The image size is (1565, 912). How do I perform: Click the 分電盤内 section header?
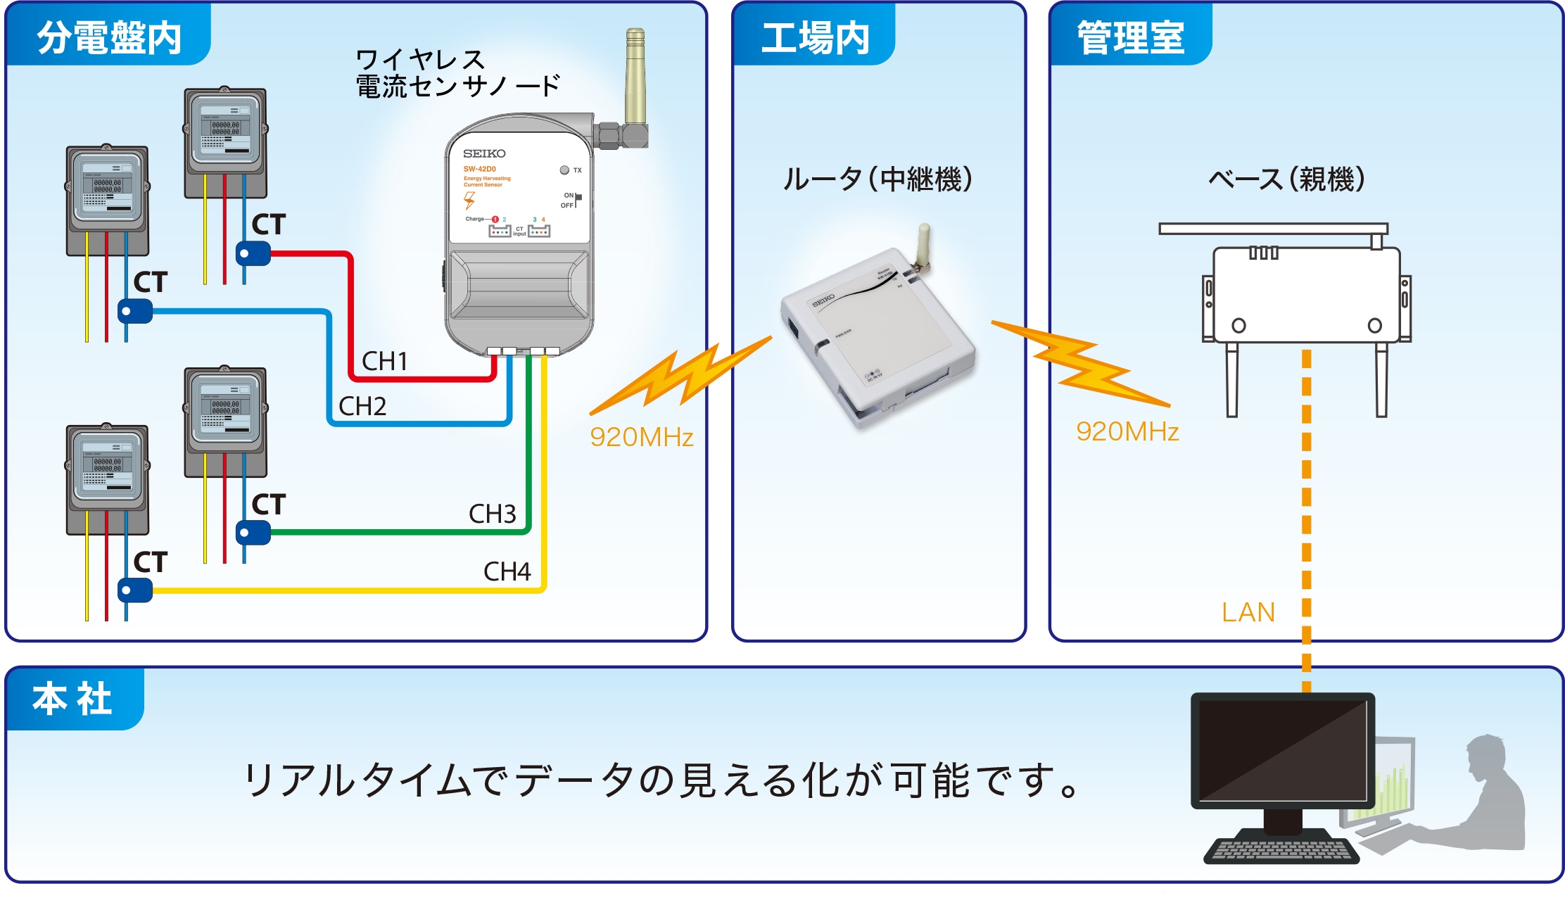109,37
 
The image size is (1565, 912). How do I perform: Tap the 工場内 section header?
815,37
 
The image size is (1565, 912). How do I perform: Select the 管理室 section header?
1130,37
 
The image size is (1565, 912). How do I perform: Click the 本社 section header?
72,699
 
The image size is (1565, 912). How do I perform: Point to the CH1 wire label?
384,361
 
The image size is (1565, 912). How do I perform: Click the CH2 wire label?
362,406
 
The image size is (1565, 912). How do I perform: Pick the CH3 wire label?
492,514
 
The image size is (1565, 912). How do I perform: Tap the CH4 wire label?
507,571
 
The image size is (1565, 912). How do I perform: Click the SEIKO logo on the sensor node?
484,153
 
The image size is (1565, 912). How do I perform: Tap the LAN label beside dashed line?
1248,612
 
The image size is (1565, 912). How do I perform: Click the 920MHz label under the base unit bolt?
1127,431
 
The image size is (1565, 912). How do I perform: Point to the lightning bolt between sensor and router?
679,376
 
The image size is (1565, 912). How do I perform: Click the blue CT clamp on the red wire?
253,253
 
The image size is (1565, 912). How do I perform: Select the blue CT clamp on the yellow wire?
134,590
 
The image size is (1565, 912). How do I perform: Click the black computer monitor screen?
1282,750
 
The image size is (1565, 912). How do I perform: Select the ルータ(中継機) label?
877,179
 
